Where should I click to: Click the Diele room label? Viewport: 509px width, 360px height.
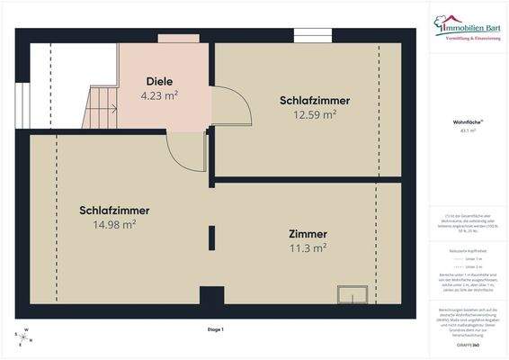coord(160,81)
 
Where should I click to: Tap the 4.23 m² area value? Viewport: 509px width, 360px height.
coord(160,94)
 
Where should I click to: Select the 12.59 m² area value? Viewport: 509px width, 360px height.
coord(314,113)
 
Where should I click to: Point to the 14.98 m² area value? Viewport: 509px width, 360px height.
coord(113,224)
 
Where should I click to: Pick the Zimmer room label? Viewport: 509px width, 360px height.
coord(308,233)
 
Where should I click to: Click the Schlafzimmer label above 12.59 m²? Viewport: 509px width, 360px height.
coord(314,100)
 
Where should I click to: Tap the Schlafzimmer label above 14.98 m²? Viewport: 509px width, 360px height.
coord(113,211)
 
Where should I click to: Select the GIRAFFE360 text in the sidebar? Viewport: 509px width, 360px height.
coord(468,344)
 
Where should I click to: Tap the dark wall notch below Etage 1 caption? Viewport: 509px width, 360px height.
coord(211,297)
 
